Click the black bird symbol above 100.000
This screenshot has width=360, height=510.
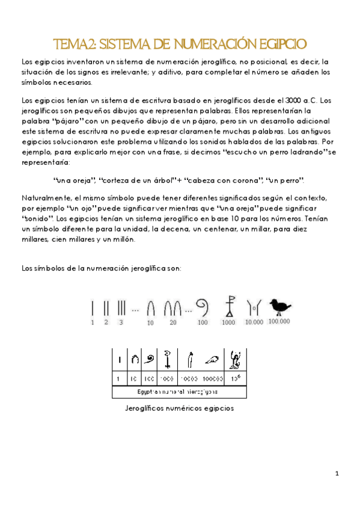(279, 307)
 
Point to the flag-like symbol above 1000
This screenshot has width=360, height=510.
(228, 306)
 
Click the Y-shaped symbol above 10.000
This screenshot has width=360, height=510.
(254, 307)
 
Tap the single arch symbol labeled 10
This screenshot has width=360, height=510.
(151, 309)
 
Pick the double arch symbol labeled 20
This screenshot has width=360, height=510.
(173, 309)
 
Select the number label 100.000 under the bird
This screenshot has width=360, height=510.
(279, 322)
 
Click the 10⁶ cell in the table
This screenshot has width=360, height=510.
(236, 379)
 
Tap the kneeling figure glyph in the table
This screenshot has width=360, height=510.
(236, 360)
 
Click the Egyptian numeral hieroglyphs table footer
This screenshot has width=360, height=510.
(178, 392)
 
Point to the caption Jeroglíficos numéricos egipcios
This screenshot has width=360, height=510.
(178, 408)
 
